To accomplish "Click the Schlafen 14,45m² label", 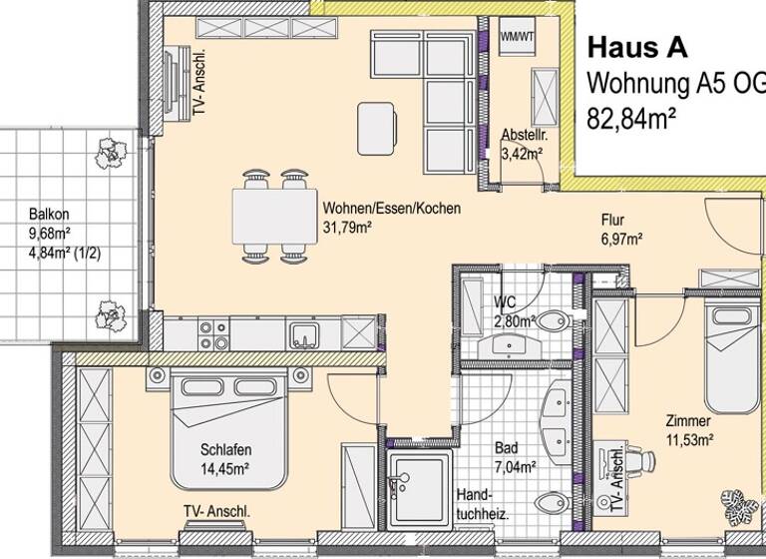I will [x=223, y=458].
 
